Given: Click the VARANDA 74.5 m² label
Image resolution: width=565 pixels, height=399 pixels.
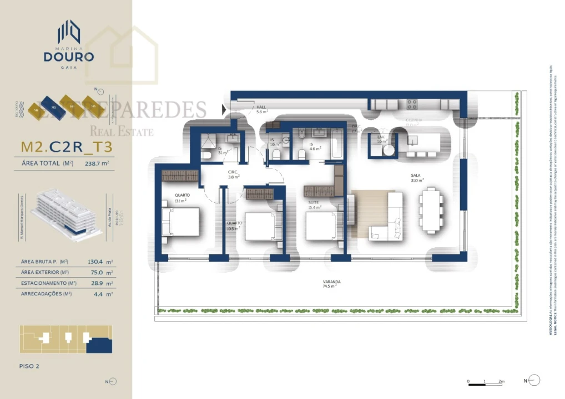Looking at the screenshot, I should point(331,284).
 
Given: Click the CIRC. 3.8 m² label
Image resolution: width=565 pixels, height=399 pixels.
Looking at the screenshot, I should point(234,175).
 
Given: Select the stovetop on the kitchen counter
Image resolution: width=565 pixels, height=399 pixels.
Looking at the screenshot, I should point(412,103).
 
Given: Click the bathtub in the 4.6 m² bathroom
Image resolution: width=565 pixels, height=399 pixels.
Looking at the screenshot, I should point(337,148).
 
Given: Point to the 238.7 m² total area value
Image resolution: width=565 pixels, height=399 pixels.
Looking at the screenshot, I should point(97,163).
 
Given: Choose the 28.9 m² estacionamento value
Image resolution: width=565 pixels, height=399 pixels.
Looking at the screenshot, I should point(101,283).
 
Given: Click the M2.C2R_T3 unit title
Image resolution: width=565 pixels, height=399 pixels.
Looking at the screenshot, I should point(67,147).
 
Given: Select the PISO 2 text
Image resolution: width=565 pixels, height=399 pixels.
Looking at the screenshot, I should point(29,366).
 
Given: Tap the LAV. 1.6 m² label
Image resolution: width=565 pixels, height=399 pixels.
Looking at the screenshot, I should point(382,139).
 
